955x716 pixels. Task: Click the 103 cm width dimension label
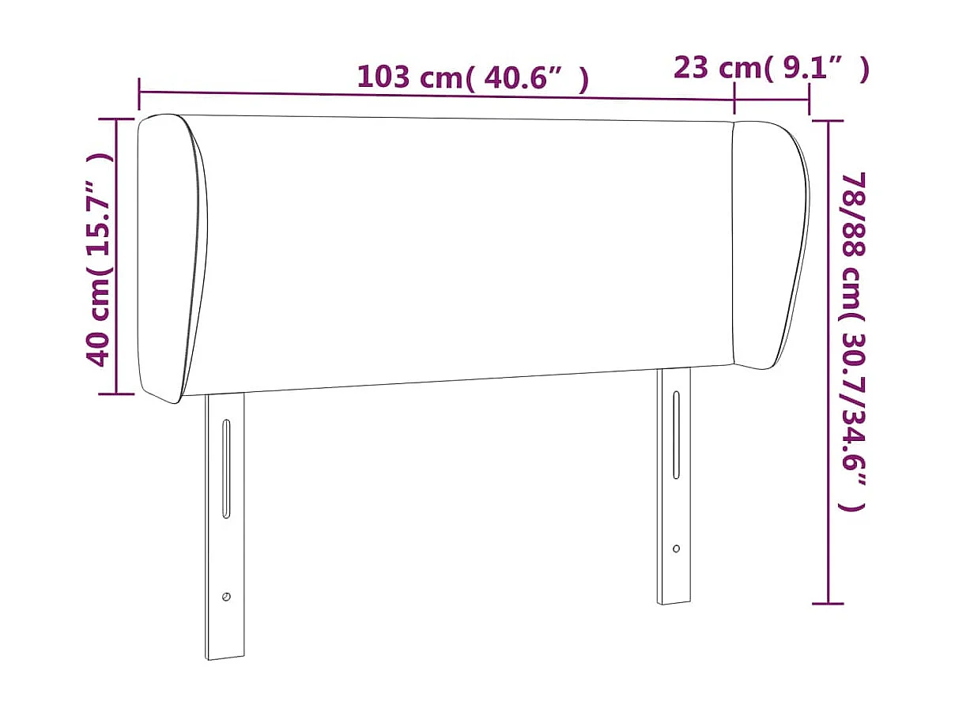pyautogui.click(x=473, y=77)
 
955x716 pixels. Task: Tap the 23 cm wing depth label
pyautogui.click(x=771, y=68)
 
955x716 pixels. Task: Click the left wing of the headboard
pyautogui.click(x=171, y=257)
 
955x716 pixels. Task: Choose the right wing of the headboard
pyautogui.click(x=769, y=245)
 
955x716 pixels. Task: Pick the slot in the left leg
pyautogui.click(x=226, y=469)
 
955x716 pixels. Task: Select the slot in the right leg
pyautogui.click(x=676, y=435)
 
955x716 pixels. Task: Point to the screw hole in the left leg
pyautogui.click(x=227, y=597)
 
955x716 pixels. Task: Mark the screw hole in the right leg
pyautogui.click(x=676, y=548)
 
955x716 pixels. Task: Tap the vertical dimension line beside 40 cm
pyautogui.click(x=117, y=257)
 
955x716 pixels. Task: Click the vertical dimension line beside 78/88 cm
pyautogui.click(x=828, y=362)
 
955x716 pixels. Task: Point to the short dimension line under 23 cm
pyautogui.click(x=772, y=100)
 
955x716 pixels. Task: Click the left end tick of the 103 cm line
pyautogui.click(x=139, y=93)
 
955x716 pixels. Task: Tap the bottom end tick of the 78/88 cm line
pyautogui.click(x=828, y=604)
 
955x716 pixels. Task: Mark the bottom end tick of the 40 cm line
pyautogui.click(x=117, y=393)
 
